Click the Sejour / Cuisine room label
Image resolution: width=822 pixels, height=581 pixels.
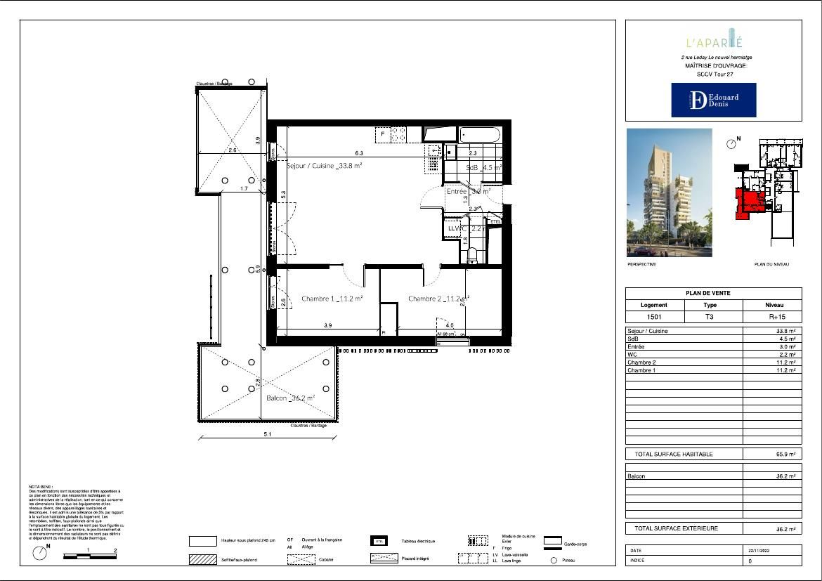tap(325, 167)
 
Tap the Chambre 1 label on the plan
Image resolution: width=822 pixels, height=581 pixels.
tap(332, 299)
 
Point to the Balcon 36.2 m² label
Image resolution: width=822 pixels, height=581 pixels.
tap(290, 398)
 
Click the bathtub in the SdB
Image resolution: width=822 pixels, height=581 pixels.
tap(480, 135)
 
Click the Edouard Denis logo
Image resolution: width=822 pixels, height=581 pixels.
tap(713, 100)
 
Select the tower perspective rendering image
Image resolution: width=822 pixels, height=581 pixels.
tap(669, 192)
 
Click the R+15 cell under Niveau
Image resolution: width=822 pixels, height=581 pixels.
tap(772, 317)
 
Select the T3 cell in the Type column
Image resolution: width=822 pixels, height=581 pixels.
tap(710, 317)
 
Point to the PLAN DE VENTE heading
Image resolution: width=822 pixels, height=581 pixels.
tap(713, 294)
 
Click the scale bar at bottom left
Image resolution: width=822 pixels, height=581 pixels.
tap(89, 556)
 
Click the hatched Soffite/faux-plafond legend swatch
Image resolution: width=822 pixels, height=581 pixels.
tap(203, 560)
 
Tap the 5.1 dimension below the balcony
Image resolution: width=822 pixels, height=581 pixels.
tap(268, 434)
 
